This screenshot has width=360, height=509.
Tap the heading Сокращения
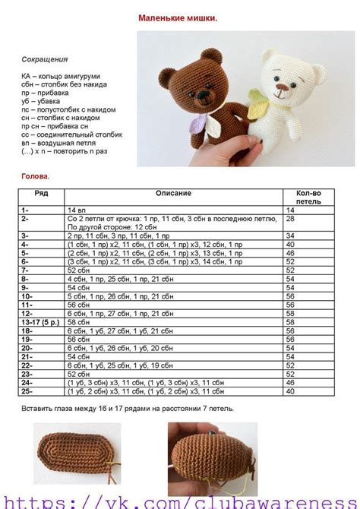pyautogui.click(x=45, y=58)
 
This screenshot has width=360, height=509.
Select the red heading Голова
pyautogui.click(x=36, y=175)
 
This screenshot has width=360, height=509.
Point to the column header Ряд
pyautogui.click(x=41, y=193)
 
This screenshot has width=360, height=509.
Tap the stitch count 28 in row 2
pyautogui.click(x=290, y=218)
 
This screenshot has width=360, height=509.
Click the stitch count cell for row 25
pyautogui.click(x=290, y=392)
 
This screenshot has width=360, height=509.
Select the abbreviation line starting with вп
pyautogui.click(x=61, y=144)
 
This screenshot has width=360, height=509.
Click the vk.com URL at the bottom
pyautogui.click(x=180, y=501)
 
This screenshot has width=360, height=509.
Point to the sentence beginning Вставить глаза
pyautogui.click(x=128, y=409)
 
